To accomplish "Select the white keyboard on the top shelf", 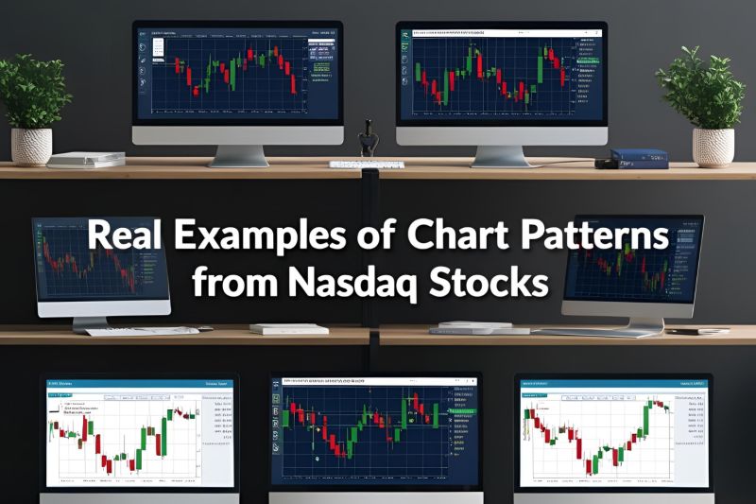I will tap(367, 165).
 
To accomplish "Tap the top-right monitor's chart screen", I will tap(500, 74).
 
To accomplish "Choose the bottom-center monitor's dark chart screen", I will tap(375, 430).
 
